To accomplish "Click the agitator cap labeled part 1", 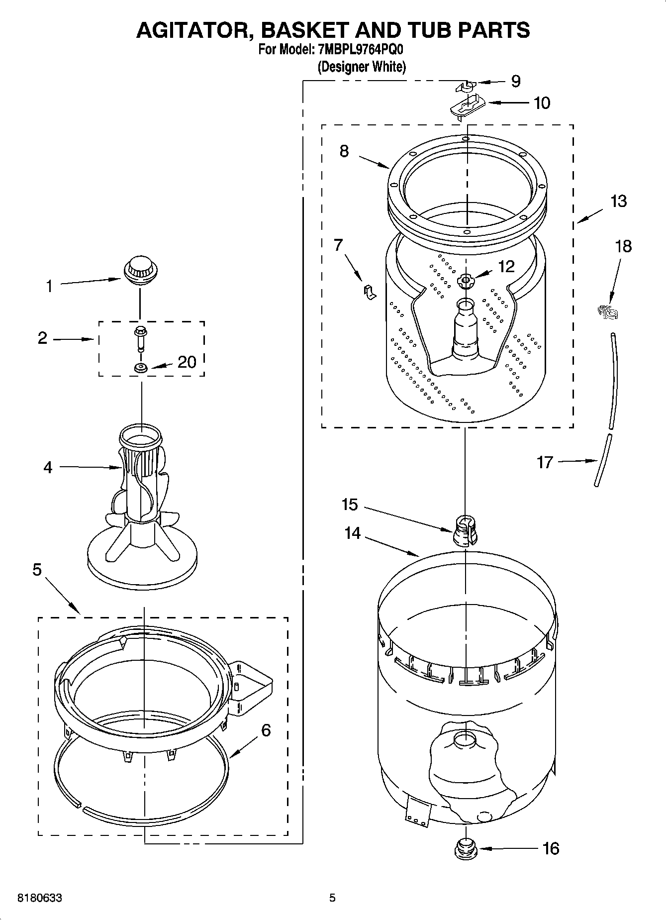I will coord(140,271).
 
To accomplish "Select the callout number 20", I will coord(187,362).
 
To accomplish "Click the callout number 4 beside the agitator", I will coord(48,467).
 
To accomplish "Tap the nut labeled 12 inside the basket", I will coord(466,282).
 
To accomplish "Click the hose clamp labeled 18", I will coord(608,312).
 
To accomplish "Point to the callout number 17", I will coord(545,462).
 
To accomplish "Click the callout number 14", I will coord(352,533).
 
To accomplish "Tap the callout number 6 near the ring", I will coord(266,730).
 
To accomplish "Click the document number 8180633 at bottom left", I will coord(40,898).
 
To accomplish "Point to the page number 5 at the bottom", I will coord(332,898).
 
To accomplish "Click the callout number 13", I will coord(618,201).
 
